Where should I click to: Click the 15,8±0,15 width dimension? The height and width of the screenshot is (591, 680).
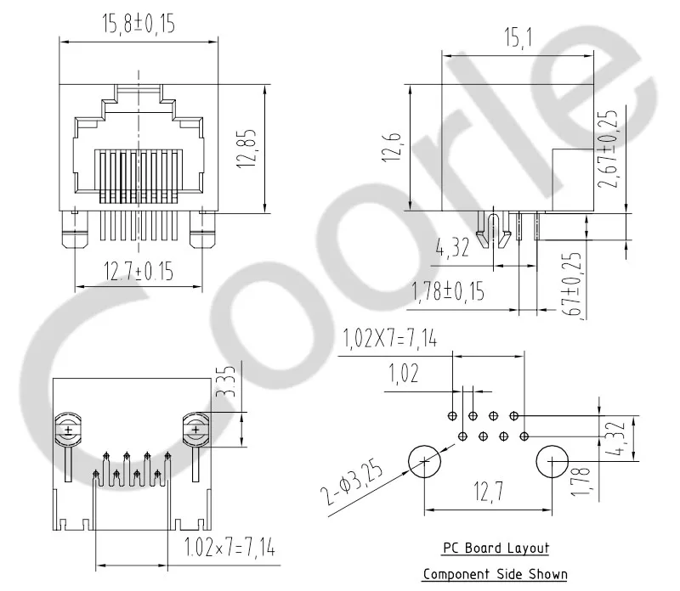pyautogui.click(x=139, y=25)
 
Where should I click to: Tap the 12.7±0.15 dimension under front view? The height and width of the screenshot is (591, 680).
pyautogui.click(x=139, y=272)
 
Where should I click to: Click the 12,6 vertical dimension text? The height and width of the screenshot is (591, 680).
pyautogui.click(x=393, y=145)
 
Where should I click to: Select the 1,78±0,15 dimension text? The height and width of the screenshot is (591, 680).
pyautogui.click(x=447, y=292)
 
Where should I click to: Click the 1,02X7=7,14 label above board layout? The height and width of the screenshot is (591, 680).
pyautogui.click(x=390, y=339)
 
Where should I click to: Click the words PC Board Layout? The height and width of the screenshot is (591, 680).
pyautogui.click(x=496, y=549)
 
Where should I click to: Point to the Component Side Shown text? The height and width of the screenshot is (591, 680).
pyautogui.click(x=496, y=574)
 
